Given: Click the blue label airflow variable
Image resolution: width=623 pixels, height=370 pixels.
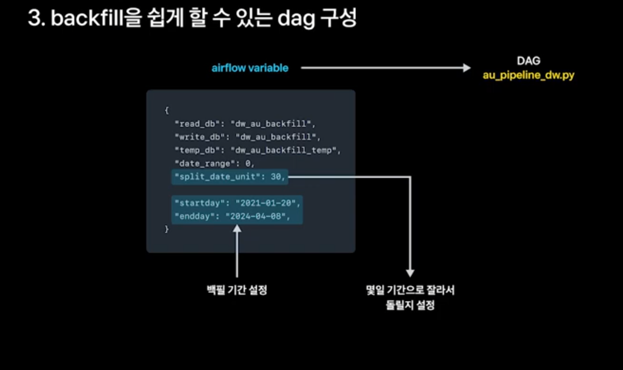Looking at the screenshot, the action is [250, 68].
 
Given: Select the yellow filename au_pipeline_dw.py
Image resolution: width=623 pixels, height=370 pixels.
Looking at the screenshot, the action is [528, 75].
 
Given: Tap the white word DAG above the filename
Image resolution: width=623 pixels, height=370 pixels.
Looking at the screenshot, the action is [528, 62].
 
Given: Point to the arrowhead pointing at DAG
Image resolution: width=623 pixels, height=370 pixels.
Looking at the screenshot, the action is [466, 68].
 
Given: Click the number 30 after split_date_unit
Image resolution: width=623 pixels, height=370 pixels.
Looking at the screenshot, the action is [276, 177].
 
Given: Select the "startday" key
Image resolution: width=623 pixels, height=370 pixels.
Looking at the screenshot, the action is [198, 203].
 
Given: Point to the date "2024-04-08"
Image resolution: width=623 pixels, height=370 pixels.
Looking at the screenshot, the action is [263, 217].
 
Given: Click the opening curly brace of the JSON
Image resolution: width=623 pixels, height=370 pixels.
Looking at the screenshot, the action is [167, 110].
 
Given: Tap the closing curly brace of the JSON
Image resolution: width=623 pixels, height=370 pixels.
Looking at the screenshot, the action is [167, 230].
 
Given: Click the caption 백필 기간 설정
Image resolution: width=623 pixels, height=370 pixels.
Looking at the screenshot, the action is [237, 290].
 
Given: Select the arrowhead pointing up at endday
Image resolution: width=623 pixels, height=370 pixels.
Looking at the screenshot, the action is [237, 230].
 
